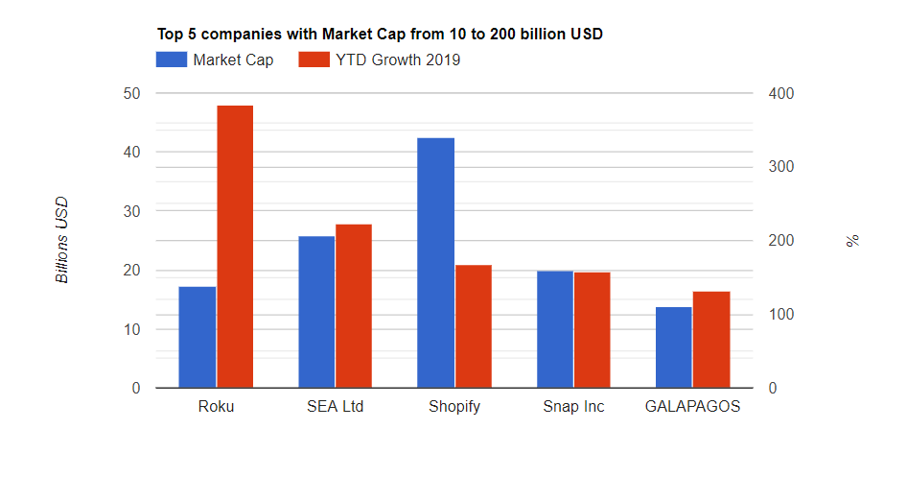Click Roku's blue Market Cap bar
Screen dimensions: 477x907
(198, 337)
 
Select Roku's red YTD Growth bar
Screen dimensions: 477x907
(235, 247)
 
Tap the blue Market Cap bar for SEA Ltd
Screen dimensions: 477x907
(316, 312)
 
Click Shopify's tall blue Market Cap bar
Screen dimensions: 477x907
(436, 263)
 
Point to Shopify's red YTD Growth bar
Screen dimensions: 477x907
(474, 326)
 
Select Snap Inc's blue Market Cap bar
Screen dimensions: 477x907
(555, 329)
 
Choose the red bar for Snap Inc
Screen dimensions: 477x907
(593, 330)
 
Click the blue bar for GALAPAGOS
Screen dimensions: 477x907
(674, 347)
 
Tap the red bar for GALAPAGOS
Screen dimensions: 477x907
(711, 340)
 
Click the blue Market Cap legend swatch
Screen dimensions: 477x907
(171, 60)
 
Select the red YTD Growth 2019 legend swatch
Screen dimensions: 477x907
(314, 60)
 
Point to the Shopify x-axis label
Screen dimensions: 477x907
(454, 406)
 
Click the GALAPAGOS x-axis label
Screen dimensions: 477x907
(692, 406)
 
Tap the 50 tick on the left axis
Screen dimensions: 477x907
(130, 93)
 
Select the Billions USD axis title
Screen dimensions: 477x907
(62, 240)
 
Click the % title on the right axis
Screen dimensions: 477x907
(852, 240)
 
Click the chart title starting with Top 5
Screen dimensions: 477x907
(380, 34)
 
